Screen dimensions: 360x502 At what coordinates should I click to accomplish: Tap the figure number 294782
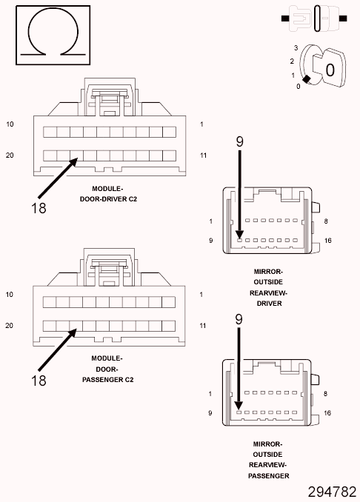[x=332, y=492]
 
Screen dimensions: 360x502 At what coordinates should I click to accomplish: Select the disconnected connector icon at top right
[x=314, y=19]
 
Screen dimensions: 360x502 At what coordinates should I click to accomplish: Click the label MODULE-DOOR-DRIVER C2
[x=108, y=194]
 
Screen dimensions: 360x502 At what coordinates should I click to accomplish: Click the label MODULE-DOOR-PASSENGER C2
[x=107, y=369]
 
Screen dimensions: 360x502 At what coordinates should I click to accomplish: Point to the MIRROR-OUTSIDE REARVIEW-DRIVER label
[x=268, y=287]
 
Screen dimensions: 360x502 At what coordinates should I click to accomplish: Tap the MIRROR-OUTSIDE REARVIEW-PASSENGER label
[x=268, y=460]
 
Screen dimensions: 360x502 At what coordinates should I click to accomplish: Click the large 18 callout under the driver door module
[x=39, y=208]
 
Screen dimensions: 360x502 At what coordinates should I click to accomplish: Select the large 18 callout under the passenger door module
[x=39, y=381]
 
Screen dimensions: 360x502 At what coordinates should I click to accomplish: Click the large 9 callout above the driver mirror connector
[x=240, y=141]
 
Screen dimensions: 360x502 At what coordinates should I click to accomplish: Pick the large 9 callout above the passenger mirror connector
[x=239, y=319]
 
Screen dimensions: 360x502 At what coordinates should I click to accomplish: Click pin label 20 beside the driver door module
[x=10, y=155]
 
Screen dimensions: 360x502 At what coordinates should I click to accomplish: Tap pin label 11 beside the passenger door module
[x=203, y=326]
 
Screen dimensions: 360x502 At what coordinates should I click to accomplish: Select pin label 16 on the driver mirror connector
[x=327, y=241]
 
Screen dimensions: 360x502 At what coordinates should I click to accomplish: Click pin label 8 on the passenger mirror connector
[x=325, y=393]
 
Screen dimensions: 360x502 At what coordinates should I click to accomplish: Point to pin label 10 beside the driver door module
[x=10, y=124]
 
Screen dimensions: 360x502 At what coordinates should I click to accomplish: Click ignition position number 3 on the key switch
[x=296, y=47]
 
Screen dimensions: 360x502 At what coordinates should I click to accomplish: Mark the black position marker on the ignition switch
[x=307, y=79]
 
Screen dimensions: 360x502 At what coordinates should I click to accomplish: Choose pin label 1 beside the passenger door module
[x=201, y=294]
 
